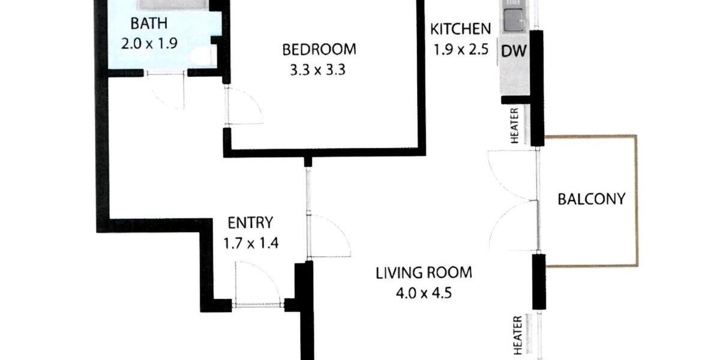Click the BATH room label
coord(149,24)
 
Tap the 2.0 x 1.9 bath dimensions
coord(149,43)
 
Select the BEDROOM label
coord(319,49)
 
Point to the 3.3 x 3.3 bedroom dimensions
coord(319,69)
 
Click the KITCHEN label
coord(461,28)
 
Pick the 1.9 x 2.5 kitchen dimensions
coord(461,49)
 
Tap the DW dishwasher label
coord(514,52)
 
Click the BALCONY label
coord(592,199)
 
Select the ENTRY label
coord(250,223)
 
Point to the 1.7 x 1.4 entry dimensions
coord(250,244)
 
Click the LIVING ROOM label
coord(424,273)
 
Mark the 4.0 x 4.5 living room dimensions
coord(424,294)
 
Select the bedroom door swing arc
coord(246,107)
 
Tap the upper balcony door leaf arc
coord(510,174)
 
